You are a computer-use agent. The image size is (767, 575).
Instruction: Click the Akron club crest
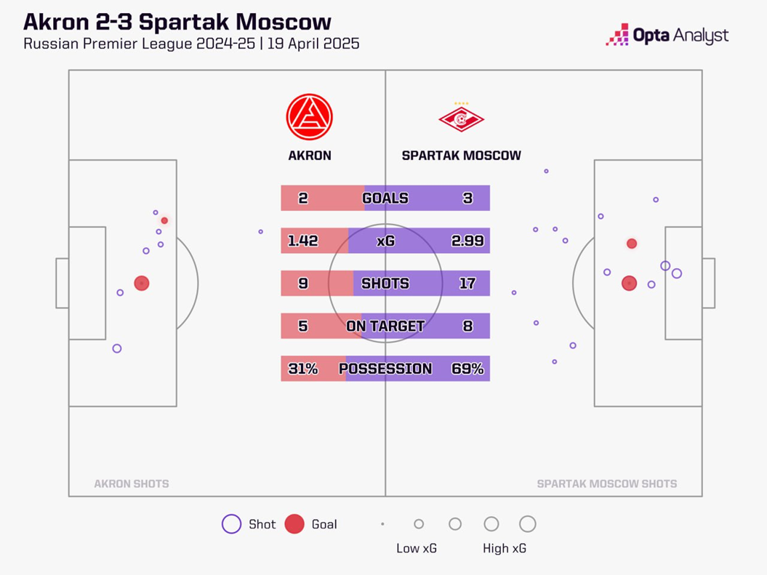pyautogui.click(x=309, y=118)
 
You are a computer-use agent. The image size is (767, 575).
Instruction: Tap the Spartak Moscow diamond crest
pyautogui.click(x=461, y=119)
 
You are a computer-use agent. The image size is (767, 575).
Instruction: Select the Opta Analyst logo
pyautogui.click(x=667, y=35)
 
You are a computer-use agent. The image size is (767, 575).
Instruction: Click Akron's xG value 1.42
pyautogui.click(x=303, y=241)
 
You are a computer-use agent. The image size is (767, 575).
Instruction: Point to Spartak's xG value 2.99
pyautogui.click(x=467, y=241)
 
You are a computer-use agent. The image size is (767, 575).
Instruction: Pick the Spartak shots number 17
pyautogui.click(x=467, y=284)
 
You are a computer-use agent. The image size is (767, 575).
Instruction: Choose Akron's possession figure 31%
pyautogui.click(x=303, y=369)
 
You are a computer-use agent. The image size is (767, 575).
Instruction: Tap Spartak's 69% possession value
pyautogui.click(x=467, y=369)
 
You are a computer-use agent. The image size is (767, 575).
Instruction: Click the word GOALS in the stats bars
pyautogui.click(x=385, y=198)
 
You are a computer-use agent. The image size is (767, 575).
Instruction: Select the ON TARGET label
pyautogui.click(x=385, y=326)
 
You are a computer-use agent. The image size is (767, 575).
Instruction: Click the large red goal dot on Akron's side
pyautogui.click(x=142, y=284)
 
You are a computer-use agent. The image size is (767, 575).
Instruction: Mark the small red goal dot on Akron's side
pyautogui.click(x=165, y=220)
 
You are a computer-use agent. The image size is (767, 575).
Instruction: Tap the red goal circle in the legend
pyautogui.click(x=294, y=524)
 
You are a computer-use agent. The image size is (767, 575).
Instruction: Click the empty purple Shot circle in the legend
pyautogui.click(x=231, y=524)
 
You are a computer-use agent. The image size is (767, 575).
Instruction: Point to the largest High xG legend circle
pyautogui.click(x=528, y=524)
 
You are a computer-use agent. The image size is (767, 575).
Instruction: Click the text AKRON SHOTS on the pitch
pyautogui.click(x=132, y=483)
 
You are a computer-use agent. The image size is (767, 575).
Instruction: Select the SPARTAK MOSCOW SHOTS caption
pyautogui.click(x=606, y=483)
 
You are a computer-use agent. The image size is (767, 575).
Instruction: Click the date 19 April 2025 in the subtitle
pyautogui.click(x=313, y=44)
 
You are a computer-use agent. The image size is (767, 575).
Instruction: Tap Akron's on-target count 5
pyautogui.click(x=303, y=326)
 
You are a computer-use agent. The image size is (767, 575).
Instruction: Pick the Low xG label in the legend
pyautogui.click(x=417, y=548)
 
